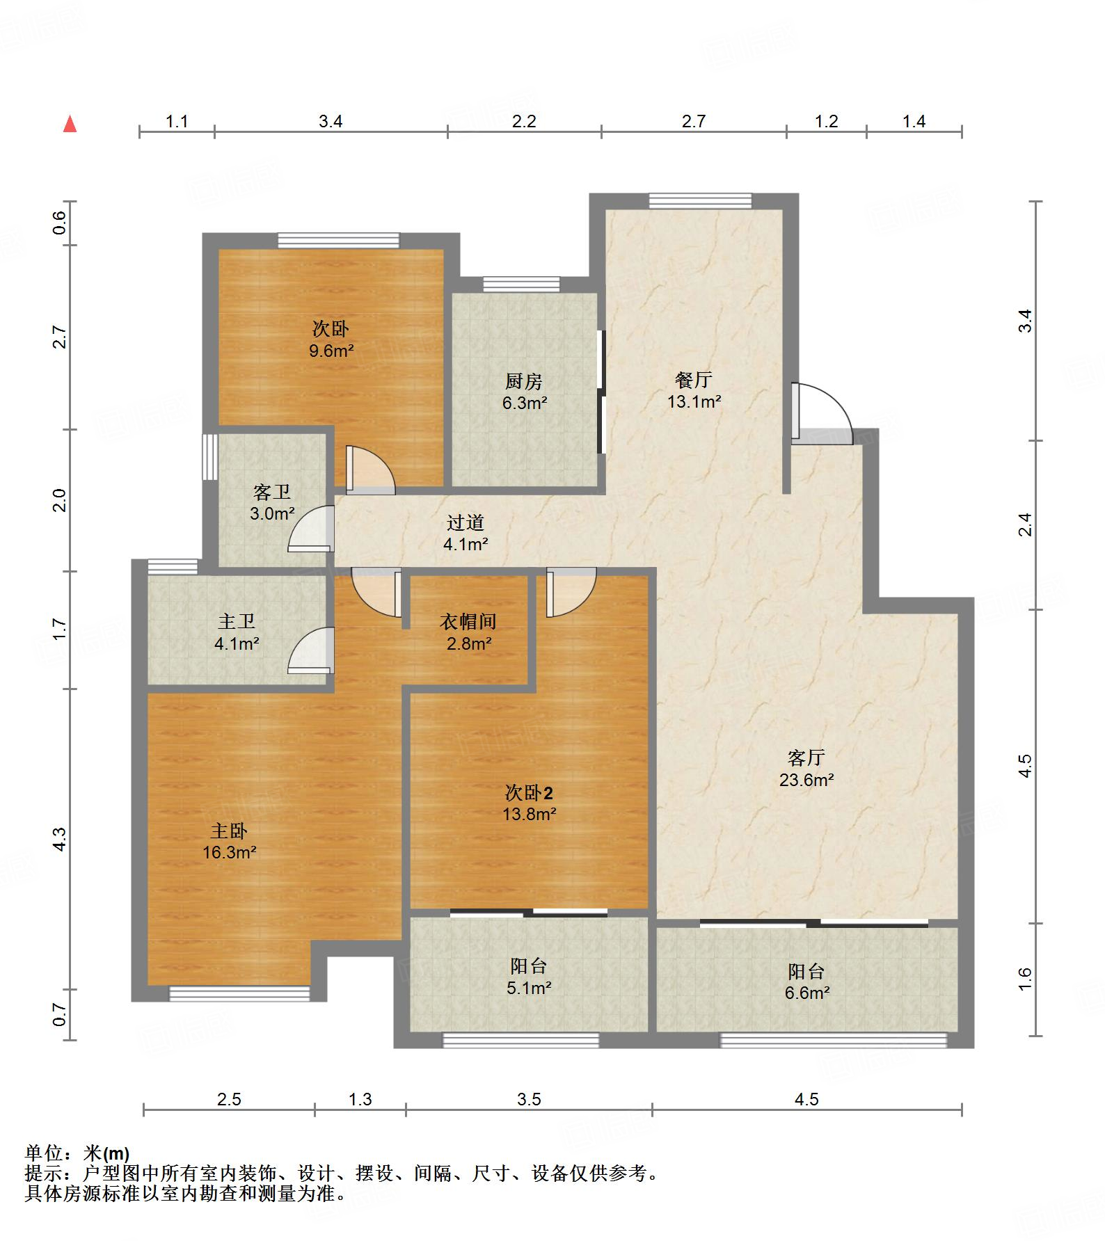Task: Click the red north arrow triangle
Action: tap(70, 125)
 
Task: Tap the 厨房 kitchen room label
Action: tap(523, 381)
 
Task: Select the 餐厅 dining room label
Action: tap(693, 380)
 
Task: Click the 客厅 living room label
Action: tap(806, 758)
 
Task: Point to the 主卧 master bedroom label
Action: tap(229, 831)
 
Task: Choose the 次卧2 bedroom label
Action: tap(530, 792)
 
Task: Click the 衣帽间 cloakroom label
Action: tap(468, 622)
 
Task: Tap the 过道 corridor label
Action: tap(465, 522)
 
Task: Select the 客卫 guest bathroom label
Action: tap(272, 493)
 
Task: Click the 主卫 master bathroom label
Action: tap(237, 622)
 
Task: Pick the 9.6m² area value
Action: tap(331, 351)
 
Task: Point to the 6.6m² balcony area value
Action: tap(807, 993)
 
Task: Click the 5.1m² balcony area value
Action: tap(530, 988)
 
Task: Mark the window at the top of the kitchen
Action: tap(521, 285)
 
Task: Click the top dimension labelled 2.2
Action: tap(524, 122)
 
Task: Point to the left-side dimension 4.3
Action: tap(60, 839)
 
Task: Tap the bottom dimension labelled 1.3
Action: tap(360, 1099)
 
